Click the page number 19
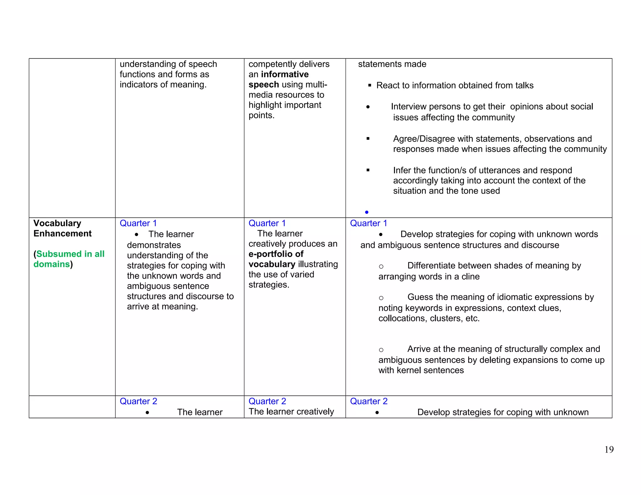pos(609,450)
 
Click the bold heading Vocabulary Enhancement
pos(62,228)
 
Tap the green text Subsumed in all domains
pos(69,259)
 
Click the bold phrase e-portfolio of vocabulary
pos(276,259)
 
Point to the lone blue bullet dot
pos(367,212)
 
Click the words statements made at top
pos(392,64)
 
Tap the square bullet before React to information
pos(370,85)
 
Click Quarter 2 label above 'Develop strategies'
pos(368,401)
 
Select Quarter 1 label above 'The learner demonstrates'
pos(138,223)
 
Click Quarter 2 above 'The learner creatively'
pos(267,401)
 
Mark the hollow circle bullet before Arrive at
pos(381,350)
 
